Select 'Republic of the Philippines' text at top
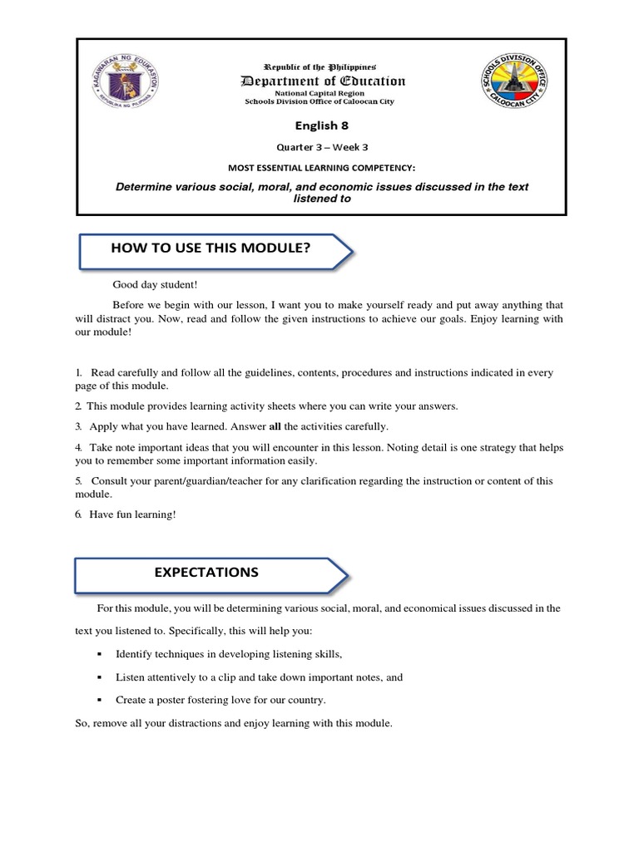[320, 66]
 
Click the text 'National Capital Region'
[320, 94]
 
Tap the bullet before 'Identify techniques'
[98, 654]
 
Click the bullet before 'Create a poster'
[98, 701]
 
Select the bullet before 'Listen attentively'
[98, 677]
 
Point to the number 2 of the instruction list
[77, 406]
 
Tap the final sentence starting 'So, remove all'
[233, 724]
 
